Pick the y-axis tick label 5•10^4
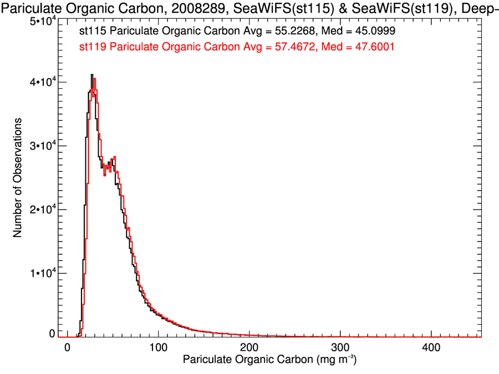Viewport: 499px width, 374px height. (42, 21)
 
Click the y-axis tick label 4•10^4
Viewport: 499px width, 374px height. (42, 82)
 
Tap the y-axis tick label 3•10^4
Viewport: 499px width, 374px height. (42, 146)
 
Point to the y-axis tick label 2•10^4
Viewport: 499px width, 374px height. (42, 209)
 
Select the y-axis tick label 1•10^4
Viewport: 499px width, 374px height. (42, 273)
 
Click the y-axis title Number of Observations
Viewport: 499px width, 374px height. (18, 178)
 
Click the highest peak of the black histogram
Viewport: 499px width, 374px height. (92, 75)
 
